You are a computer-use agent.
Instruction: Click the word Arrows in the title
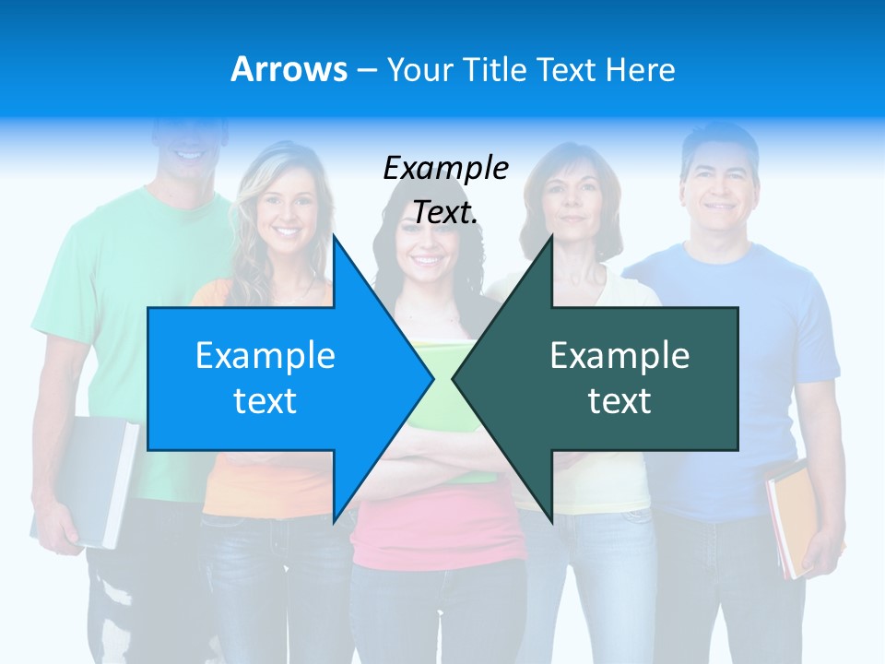pyautogui.click(x=289, y=69)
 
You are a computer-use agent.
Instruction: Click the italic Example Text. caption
pyautogui.click(x=446, y=190)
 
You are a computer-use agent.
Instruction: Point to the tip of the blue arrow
pyautogui.click(x=431, y=378)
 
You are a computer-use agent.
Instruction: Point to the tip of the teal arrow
pyautogui.click(x=455, y=378)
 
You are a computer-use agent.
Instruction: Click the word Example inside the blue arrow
pyautogui.click(x=265, y=356)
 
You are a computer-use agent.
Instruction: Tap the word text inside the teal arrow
pyautogui.click(x=619, y=401)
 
